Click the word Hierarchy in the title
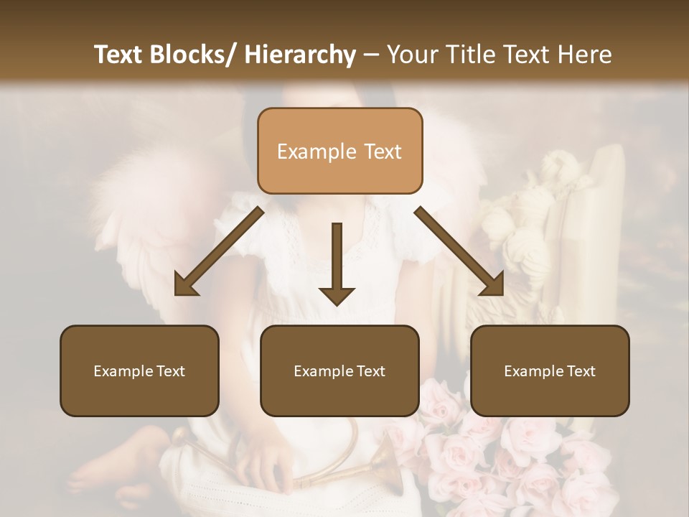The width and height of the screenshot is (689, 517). click(x=300, y=55)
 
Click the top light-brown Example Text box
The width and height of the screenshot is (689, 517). click(x=339, y=151)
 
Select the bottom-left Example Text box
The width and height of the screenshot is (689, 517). click(x=139, y=371)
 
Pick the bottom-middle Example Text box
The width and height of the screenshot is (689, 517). click(x=339, y=371)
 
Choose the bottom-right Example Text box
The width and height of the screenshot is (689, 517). click(x=550, y=371)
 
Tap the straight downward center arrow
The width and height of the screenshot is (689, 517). click(x=337, y=263)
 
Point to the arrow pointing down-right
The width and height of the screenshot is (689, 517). click(x=460, y=251)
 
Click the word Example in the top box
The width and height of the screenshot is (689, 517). click(x=316, y=152)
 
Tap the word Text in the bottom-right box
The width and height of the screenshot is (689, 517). click(x=581, y=371)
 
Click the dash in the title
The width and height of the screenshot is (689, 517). click(x=371, y=55)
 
